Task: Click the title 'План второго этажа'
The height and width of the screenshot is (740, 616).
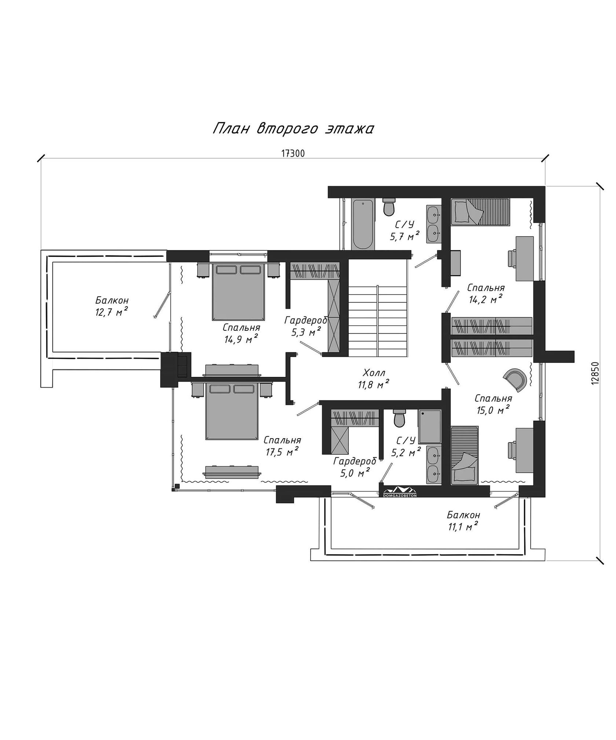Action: [x=293, y=129]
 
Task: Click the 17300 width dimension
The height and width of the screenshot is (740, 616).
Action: [x=293, y=154]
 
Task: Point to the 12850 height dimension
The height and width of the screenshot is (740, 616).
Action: [x=594, y=373]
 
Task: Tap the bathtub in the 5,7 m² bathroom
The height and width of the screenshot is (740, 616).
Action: [x=363, y=224]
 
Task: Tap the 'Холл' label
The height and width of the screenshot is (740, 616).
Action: [x=374, y=373]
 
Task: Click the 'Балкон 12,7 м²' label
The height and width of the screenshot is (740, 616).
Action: [x=112, y=307]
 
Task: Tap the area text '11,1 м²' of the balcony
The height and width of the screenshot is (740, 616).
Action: [x=463, y=527]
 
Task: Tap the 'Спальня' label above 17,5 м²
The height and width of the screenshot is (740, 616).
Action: [x=282, y=440]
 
